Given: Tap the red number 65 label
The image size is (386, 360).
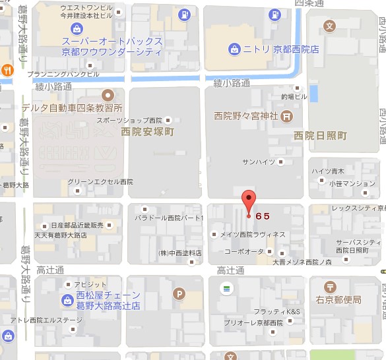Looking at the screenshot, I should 262,216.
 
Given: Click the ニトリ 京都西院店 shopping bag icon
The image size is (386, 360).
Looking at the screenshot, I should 234,49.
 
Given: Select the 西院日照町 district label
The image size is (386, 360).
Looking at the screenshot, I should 320,136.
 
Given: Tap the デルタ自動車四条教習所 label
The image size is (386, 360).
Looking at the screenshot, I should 73,107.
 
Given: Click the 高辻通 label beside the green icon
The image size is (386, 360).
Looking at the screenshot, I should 230,270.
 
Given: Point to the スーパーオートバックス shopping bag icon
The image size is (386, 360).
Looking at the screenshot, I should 77,28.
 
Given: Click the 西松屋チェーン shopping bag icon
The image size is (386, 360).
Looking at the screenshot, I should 68,301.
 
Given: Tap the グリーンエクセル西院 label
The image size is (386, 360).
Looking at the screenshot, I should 100,181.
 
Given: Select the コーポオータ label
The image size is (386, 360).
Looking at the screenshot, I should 244,252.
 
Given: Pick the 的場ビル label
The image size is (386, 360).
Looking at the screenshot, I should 294,96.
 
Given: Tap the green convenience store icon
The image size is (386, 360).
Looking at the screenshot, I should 226,288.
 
